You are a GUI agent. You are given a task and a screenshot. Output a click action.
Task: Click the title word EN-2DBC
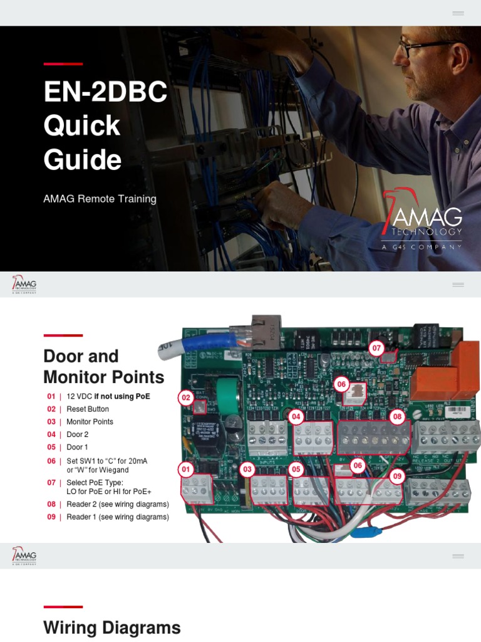click(x=105, y=92)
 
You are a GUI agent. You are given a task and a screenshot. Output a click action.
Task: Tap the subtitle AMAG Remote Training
click(x=100, y=199)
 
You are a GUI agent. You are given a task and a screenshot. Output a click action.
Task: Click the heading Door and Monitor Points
click(x=103, y=367)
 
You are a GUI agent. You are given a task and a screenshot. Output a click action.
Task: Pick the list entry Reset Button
click(x=88, y=409)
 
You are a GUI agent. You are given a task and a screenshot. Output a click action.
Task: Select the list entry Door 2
click(x=78, y=434)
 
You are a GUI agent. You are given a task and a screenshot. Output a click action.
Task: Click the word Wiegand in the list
click(x=115, y=470)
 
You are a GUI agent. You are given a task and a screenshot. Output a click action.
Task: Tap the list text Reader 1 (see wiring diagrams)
click(x=118, y=517)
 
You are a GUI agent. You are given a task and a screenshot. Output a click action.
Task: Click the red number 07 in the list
click(x=51, y=482)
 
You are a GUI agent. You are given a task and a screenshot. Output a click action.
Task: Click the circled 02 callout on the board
click(x=185, y=397)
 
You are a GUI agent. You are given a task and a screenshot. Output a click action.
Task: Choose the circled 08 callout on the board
click(x=396, y=416)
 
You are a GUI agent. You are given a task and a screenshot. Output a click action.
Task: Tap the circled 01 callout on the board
click(x=185, y=468)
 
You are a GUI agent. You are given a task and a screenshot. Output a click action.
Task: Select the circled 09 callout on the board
click(x=396, y=476)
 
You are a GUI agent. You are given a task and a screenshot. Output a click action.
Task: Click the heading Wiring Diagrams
click(x=112, y=628)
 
